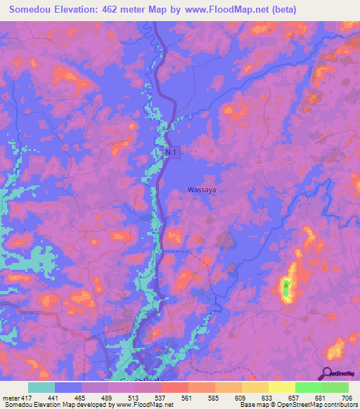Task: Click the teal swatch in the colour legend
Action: point(41,387)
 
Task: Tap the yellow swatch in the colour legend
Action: point(282,387)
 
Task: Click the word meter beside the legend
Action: point(11,398)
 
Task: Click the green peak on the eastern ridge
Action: point(286,287)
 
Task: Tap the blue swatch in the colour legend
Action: point(68,387)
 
